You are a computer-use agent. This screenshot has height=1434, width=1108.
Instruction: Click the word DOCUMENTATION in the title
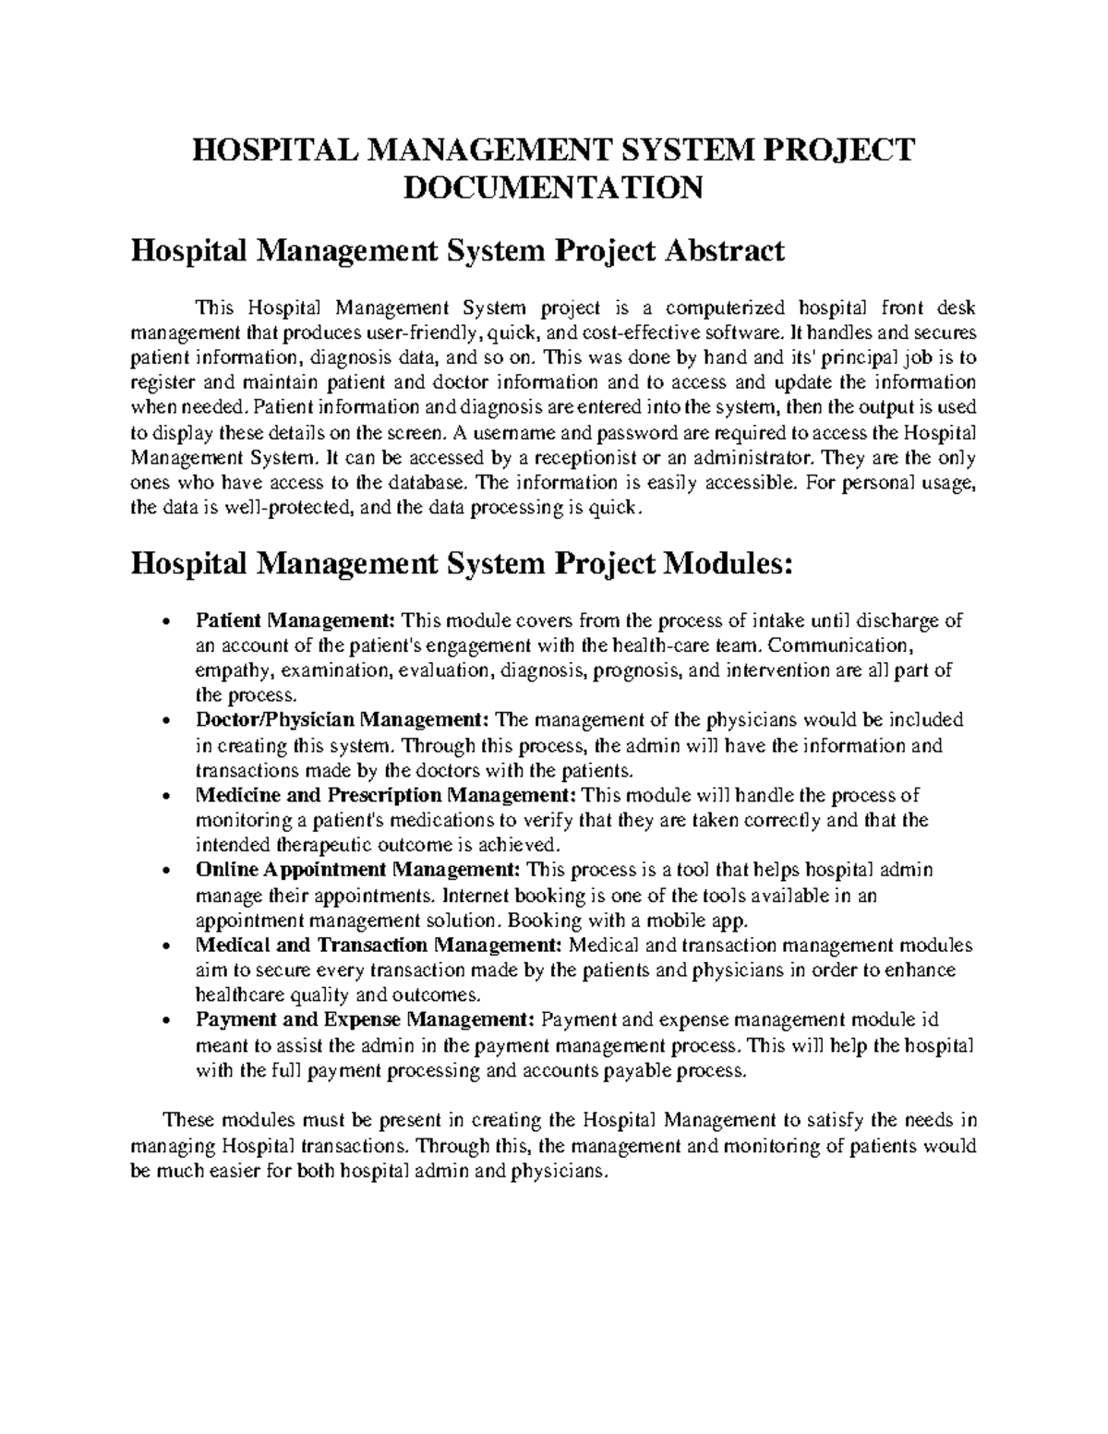(554, 187)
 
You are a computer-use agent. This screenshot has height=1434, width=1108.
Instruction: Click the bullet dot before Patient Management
(165, 621)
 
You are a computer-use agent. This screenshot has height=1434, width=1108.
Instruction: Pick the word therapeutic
(336, 845)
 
